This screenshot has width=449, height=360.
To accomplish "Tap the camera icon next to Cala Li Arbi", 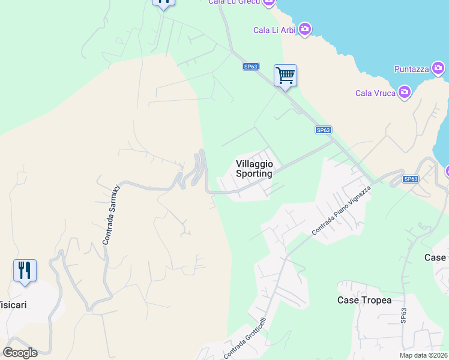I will click(x=305, y=29).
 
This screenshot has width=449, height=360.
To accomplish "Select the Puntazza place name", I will click(x=411, y=69).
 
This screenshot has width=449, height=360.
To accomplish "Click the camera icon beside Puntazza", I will click(x=439, y=69).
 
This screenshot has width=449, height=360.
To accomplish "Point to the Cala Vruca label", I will click(x=375, y=92).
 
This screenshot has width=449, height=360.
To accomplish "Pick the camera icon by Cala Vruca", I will click(x=405, y=92).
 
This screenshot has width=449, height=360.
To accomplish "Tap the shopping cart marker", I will click(x=285, y=76).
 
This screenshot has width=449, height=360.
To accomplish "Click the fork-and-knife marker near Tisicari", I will click(x=25, y=270).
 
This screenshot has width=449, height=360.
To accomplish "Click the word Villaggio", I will click(x=255, y=163).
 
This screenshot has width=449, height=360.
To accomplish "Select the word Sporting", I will click(x=254, y=173).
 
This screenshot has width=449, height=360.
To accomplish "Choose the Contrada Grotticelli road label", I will click(x=245, y=338).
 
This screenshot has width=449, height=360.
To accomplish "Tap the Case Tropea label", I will click(x=364, y=300).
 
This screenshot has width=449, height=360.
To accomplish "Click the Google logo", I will click(x=20, y=353).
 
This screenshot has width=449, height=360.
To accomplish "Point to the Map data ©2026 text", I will click(x=423, y=355).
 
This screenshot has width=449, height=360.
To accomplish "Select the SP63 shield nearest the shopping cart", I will click(x=251, y=67).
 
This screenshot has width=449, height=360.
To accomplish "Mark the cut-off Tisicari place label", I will click(x=14, y=304).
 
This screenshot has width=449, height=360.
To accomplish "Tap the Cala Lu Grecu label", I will click(x=234, y=2).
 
